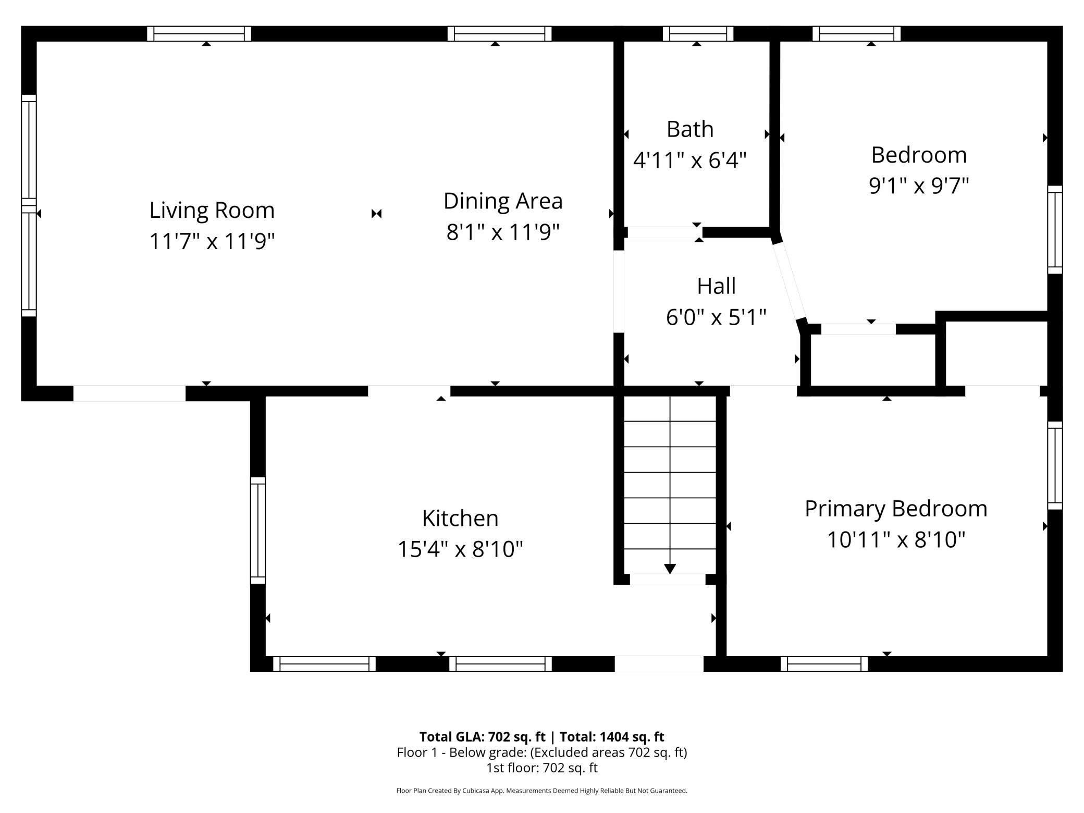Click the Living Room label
(x=212, y=210)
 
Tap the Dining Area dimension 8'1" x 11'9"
(x=503, y=232)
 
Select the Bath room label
(x=690, y=129)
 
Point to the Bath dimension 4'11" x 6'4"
(x=690, y=160)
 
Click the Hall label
(x=717, y=286)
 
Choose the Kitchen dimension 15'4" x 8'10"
(x=460, y=549)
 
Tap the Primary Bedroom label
(x=896, y=509)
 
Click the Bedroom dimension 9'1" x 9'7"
(x=919, y=186)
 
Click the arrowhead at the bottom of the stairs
(x=670, y=569)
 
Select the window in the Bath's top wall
(x=698, y=34)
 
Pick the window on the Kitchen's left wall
(x=258, y=530)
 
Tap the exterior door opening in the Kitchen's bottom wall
(x=659, y=664)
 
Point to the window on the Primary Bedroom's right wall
(x=1055, y=465)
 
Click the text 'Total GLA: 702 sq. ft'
(x=482, y=736)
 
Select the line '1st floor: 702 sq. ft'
(x=542, y=768)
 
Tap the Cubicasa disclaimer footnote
(x=542, y=791)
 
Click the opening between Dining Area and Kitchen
(x=409, y=391)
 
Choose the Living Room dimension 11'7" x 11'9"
(x=212, y=241)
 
